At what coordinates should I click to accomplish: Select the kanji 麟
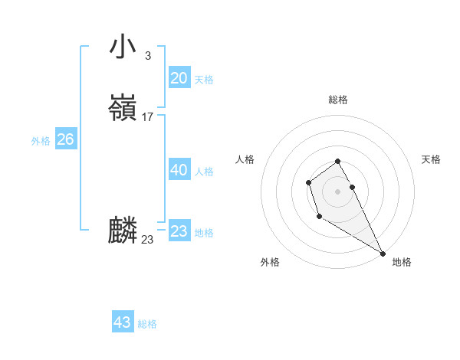pos(123,231)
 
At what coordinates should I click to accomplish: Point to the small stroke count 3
pos(147,55)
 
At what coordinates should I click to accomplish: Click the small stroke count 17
pos(148,117)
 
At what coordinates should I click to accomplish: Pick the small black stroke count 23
pos(147,240)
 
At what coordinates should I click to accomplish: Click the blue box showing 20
pos(179,78)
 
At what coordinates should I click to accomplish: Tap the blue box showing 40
pos(179,170)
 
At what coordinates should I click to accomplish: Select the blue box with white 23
pos(179,231)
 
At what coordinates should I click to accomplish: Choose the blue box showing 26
pos(65,139)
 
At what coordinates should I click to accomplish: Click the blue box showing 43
pos(123,322)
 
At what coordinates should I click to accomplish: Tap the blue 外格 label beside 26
pos(41,141)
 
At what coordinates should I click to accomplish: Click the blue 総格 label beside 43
pos(147,324)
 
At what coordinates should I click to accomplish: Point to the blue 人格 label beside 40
pos(204,172)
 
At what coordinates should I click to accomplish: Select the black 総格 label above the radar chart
pos(338,100)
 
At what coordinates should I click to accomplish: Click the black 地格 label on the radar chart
pos(402,262)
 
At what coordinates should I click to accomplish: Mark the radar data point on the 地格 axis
pos(383,254)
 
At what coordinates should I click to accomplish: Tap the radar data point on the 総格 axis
pos(338,161)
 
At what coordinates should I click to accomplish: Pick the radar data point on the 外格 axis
pos(319,217)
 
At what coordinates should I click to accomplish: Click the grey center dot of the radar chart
pos(338,190)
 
